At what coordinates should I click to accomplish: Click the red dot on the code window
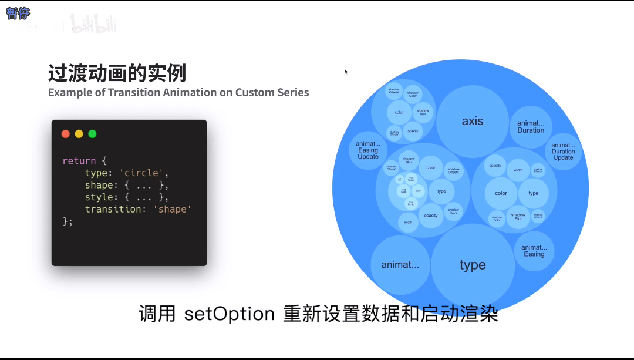coord(66,134)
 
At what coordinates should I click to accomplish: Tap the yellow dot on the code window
coord(79,134)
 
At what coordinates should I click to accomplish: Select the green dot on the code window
coord(92,134)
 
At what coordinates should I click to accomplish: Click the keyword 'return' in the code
coord(79,161)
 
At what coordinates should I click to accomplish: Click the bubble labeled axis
coord(473,122)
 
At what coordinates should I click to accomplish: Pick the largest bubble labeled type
coord(473,265)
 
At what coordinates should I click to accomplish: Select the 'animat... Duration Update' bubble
coord(563,151)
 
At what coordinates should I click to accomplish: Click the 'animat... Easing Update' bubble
coord(368,150)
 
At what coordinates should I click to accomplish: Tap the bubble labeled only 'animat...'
coord(400,265)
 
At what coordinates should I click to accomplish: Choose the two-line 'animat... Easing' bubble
coord(534,251)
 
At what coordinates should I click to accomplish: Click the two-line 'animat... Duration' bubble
coord(531,127)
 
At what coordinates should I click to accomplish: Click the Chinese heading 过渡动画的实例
coord(117,74)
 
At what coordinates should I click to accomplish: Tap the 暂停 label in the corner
coord(18,14)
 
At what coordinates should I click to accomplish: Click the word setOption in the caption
coord(230,314)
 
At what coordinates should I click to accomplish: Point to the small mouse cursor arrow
coord(346,71)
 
